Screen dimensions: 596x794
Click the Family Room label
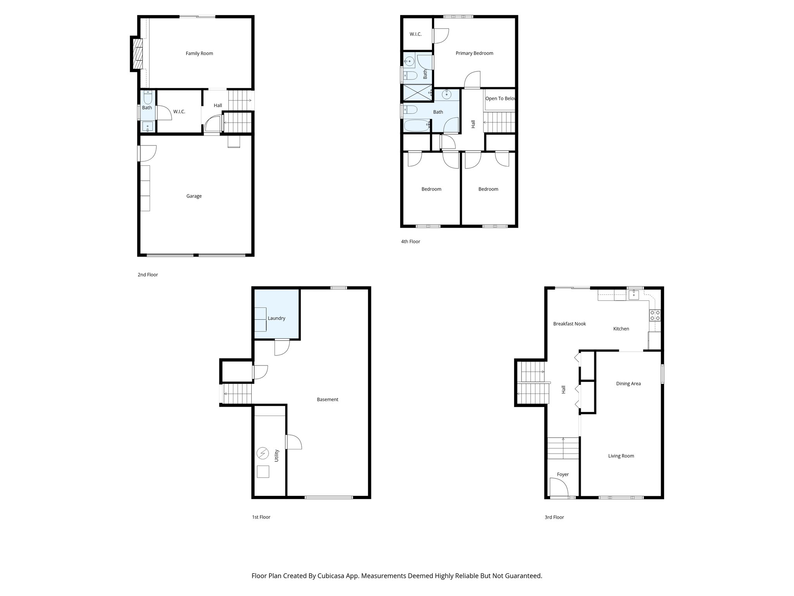pos(199,54)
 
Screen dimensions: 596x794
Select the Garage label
pos(194,196)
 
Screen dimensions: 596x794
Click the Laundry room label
pos(276,318)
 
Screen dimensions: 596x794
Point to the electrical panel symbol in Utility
pos(263,453)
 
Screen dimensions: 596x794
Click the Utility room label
pos(277,456)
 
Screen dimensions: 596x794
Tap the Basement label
pos(328,400)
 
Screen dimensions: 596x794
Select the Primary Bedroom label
pos(474,54)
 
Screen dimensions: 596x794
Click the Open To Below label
pos(500,99)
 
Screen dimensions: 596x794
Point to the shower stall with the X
pos(417,93)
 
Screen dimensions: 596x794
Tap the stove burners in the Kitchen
pos(655,315)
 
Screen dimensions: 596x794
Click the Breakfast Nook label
pos(569,324)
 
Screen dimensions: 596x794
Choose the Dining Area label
pos(628,384)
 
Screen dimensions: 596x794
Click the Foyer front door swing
pos(557,487)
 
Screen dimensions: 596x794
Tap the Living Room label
pos(621,456)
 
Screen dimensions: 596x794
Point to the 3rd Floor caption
pos(554,517)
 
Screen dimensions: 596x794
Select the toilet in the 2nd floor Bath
pos(148,97)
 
